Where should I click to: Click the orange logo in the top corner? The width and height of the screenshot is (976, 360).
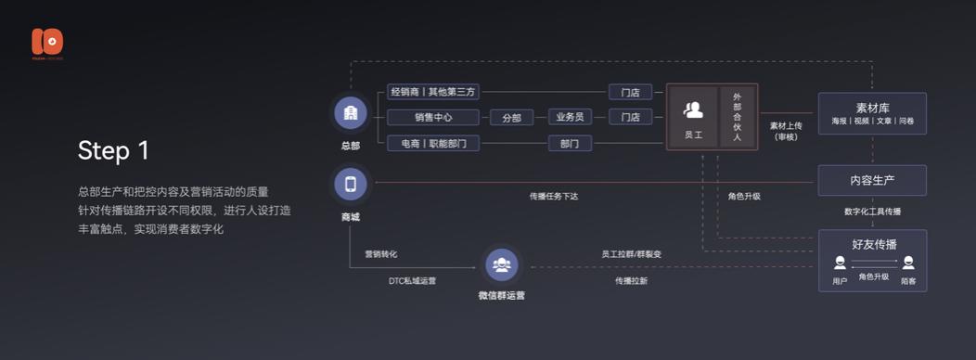[46, 43]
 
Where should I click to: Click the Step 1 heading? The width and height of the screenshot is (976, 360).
[113, 151]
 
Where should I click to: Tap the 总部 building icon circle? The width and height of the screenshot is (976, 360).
[350, 113]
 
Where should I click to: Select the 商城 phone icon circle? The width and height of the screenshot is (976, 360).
[350, 184]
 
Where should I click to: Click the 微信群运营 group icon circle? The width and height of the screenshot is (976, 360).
[501, 265]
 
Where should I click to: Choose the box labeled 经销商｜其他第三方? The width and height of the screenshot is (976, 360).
[433, 92]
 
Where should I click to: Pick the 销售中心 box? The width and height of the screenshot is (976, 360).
[433, 118]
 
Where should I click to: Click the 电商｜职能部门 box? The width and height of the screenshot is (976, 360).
[433, 144]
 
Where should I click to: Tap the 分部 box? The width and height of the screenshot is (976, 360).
[511, 118]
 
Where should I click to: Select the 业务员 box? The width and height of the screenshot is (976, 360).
[570, 118]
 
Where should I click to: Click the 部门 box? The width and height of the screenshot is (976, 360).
[570, 144]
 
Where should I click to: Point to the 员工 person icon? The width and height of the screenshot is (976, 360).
[693, 110]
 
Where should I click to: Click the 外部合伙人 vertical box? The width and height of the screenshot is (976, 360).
[738, 116]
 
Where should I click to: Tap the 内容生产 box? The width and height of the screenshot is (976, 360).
[872, 180]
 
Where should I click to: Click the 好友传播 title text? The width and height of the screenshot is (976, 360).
[873, 245]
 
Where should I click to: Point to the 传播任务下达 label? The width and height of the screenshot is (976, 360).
[554, 197]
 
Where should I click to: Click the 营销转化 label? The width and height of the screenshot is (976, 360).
[380, 253]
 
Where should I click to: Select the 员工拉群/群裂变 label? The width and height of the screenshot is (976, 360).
[631, 253]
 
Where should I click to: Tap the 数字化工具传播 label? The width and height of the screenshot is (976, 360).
[872, 212]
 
